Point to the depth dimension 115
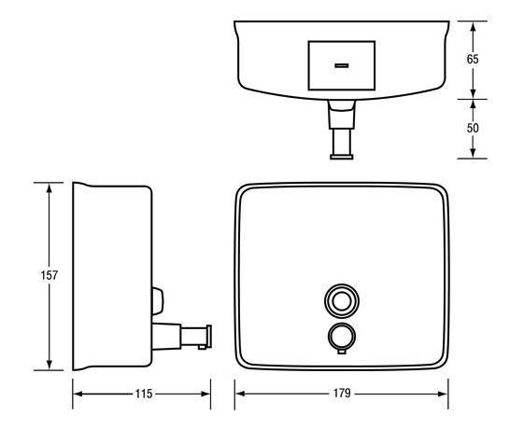tap(142, 394)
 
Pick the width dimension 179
tap(341, 394)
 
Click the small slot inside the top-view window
tap(341, 65)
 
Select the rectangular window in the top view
tap(341, 65)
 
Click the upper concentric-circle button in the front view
tap(341, 300)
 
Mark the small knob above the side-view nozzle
tap(156, 300)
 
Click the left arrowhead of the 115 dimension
tap(78, 394)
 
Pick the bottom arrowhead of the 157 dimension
tap(50, 367)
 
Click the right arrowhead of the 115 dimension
tap(206, 394)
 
